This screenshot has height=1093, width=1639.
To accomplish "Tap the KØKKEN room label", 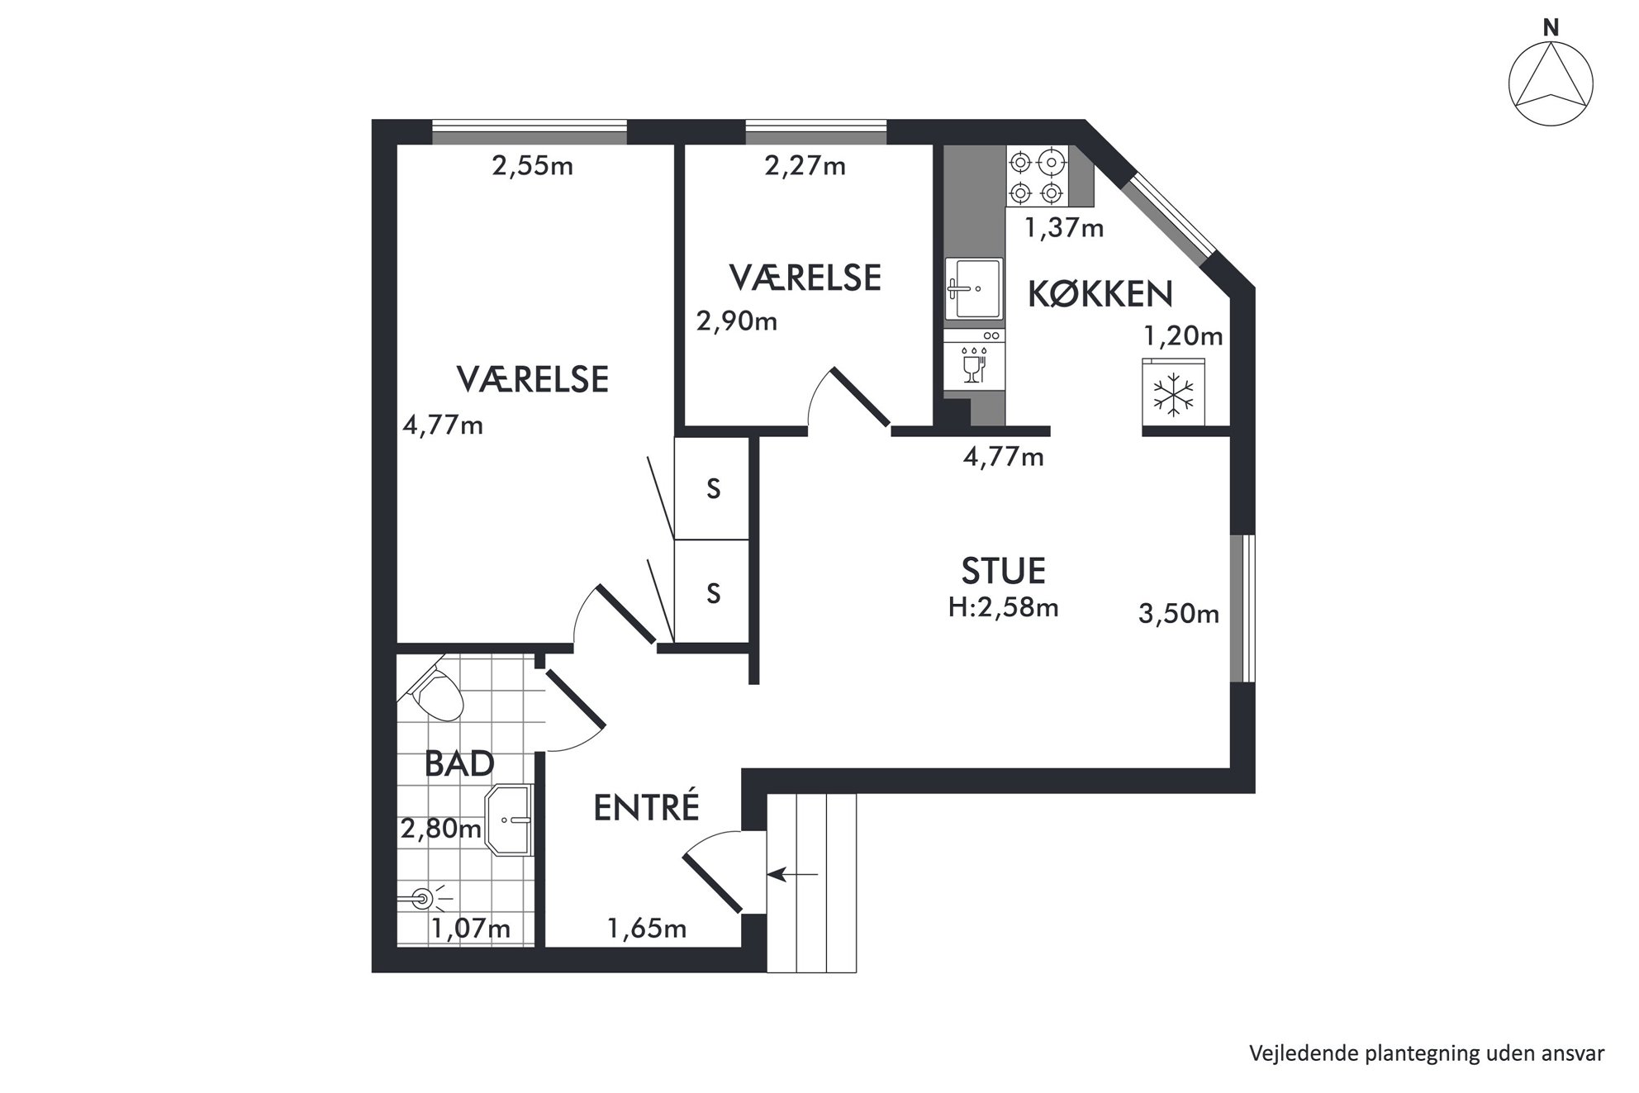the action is [1100, 294].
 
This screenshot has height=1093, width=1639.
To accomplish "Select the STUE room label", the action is [1003, 571].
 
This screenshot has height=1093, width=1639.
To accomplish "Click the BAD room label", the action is [459, 764].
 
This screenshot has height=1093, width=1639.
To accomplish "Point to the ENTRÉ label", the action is [647, 807].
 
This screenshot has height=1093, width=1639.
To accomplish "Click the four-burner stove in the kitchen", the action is [1037, 176].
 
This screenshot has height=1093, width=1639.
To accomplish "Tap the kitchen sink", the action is [974, 288].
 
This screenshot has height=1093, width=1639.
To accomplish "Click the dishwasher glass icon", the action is [973, 364].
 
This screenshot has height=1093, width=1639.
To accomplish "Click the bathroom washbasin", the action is [508, 820].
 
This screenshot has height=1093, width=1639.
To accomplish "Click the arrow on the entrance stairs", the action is [793, 873].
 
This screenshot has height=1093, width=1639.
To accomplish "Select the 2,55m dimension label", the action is [533, 166].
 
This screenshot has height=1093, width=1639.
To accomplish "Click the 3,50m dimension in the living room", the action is [1179, 614].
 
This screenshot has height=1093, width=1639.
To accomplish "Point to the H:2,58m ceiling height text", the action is [1004, 608].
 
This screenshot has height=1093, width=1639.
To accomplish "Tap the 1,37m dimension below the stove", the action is [1064, 227].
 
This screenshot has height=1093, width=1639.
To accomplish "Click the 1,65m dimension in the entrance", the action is [648, 929].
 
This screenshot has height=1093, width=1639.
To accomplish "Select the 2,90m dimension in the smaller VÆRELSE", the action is [737, 321].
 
